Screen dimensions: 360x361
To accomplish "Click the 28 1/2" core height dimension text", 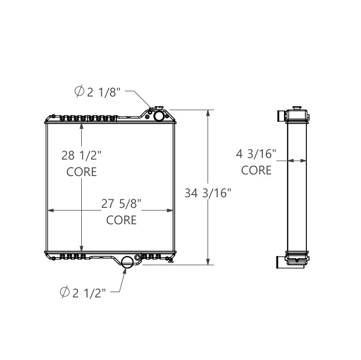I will coord(81,155).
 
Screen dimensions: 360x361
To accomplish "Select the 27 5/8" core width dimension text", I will coord(122,204).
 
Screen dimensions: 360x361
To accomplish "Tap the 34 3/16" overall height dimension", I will coord(209,193).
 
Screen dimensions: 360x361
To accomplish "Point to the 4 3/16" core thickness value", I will coord(256,154).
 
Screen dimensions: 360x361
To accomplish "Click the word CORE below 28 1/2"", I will coord(81,172).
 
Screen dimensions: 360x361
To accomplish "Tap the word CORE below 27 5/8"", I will coord(122,219).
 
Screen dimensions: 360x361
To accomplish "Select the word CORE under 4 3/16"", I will coord(256,170).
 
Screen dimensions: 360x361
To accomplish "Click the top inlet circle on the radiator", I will coord(158,116).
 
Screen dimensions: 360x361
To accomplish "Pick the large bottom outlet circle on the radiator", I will coord(127,262).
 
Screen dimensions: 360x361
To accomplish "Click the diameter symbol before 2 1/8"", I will coord(78,92).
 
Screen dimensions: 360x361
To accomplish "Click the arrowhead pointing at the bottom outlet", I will coord(124,271).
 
